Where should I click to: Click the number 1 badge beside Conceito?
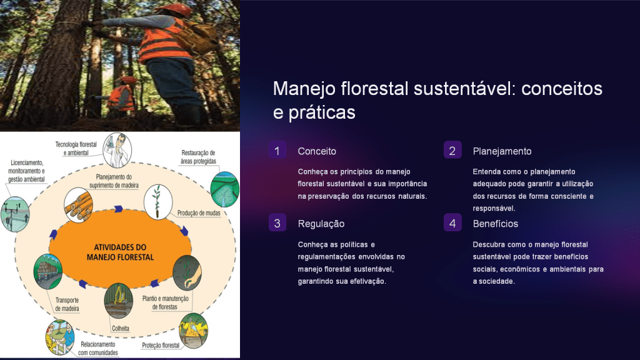(277, 150)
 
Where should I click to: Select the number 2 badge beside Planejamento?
(452, 150)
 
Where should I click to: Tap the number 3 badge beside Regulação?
(277, 223)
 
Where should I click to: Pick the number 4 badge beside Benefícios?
(452, 223)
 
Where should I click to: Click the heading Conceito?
(317, 151)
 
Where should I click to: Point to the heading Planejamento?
(502, 151)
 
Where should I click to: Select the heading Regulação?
(321, 224)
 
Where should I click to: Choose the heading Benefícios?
(496, 224)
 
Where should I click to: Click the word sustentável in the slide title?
(462, 89)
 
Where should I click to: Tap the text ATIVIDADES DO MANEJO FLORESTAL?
(120, 252)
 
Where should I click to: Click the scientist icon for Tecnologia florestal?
(117, 150)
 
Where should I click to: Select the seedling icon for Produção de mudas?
(158, 202)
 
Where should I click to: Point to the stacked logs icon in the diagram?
(78, 205)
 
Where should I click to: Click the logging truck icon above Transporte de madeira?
(47, 271)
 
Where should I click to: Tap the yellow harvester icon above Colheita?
(118, 301)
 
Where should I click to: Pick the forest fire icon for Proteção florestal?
(194, 330)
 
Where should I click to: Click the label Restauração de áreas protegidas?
(198, 157)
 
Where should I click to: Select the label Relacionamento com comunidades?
(98, 349)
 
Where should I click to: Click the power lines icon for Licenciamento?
(15, 214)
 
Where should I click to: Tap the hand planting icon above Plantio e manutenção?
(187, 272)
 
